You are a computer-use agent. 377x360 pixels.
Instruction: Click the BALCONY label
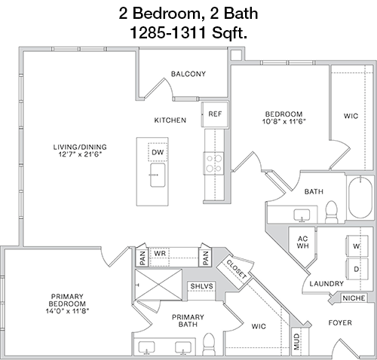tap(188, 74)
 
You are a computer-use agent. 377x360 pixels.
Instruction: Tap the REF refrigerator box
tap(215, 114)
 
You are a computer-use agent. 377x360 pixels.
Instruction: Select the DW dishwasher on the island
tap(158, 152)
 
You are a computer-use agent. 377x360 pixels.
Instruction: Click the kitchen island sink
tap(158, 175)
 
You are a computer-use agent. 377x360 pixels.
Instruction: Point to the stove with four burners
tap(213, 163)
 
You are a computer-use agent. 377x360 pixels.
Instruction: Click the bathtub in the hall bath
tap(360, 197)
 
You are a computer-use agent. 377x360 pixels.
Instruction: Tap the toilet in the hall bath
tap(331, 212)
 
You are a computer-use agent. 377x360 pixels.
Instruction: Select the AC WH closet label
tap(302, 242)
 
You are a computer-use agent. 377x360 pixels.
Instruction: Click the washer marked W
tap(357, 246)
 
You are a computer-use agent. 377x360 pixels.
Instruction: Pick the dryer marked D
tap(357, 269)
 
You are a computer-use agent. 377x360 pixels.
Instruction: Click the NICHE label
tap(354, 298)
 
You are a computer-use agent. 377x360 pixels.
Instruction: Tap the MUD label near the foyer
tap(297, 342)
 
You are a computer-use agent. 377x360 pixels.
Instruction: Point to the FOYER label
tap(340, 322)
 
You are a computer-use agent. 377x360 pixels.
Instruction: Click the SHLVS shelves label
tap(201, 286)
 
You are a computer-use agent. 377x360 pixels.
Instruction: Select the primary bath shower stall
tap(158, 285)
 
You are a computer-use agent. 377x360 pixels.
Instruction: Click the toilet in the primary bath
tap(209, 344)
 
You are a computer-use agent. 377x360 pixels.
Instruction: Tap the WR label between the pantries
tap(160, 253)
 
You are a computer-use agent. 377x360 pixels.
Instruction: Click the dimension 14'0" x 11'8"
tap(67, 311)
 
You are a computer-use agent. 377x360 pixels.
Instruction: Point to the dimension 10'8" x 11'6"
tap(284, 121)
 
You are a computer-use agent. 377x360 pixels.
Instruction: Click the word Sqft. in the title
tap(230, 33)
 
